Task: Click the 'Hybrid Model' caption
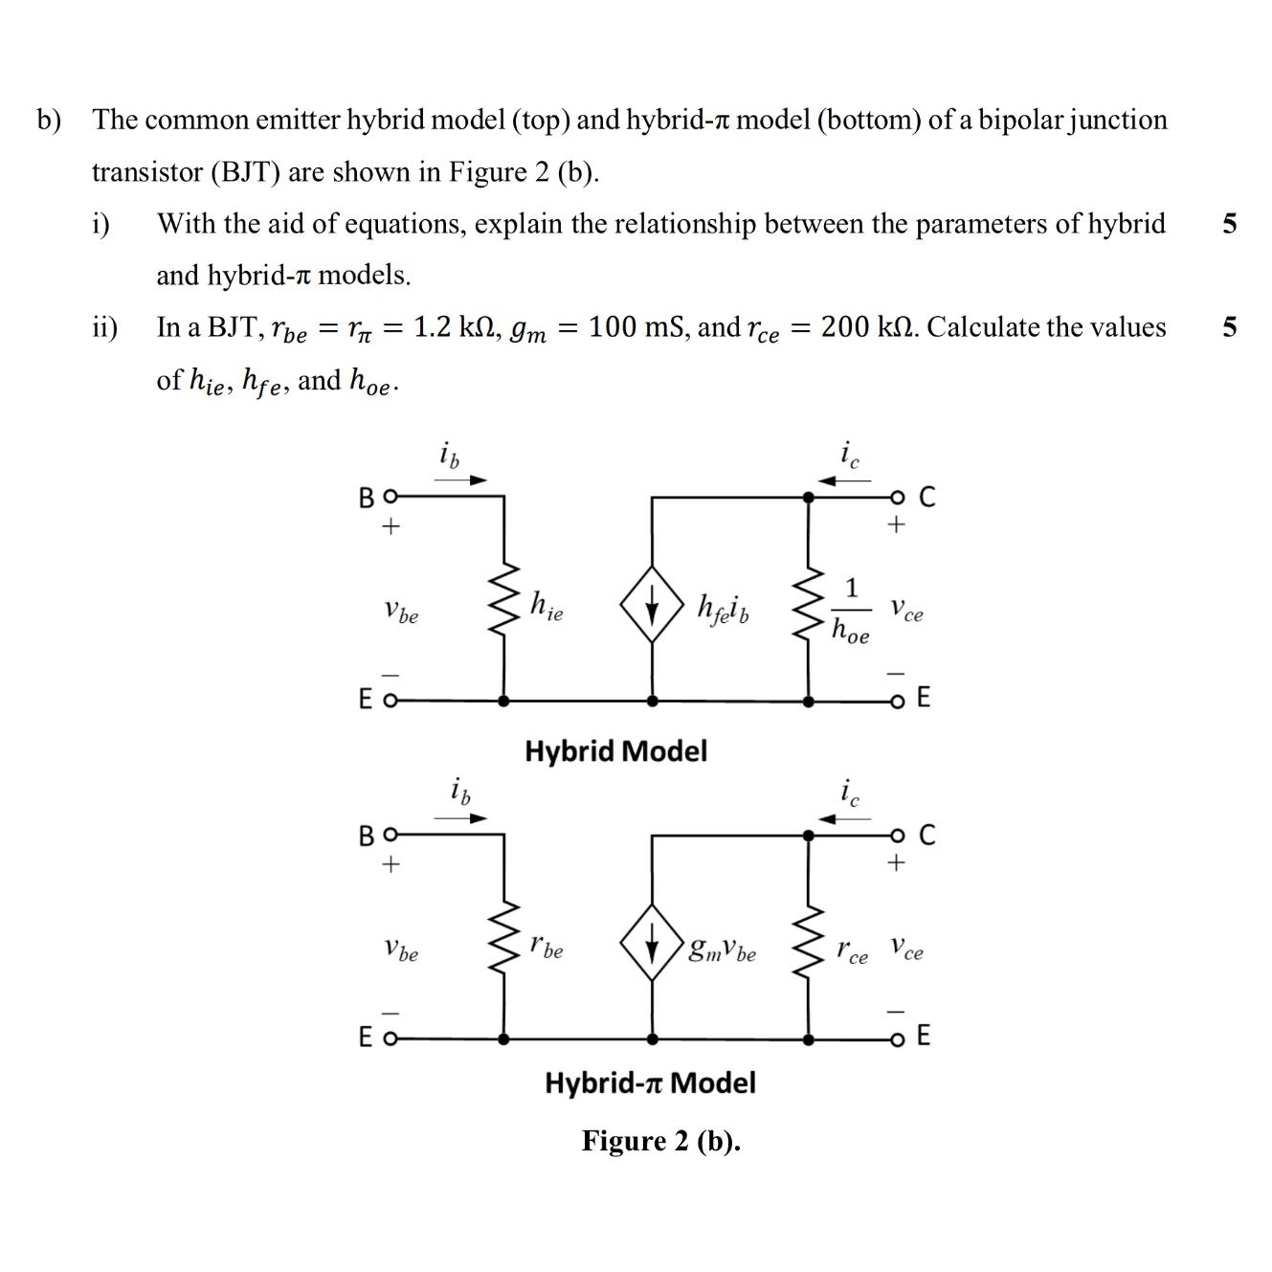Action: [x=615, y=750]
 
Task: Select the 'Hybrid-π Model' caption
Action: [x=650, y=1082]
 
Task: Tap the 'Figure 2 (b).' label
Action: [x=660, y=1141]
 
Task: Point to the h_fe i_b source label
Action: [x=724, y=608]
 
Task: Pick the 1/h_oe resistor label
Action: [x=850, y=610]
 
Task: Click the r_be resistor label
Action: [x=546, y=947]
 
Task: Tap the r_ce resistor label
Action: [x=852, y=951]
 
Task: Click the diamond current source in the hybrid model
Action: [x=652, y=608]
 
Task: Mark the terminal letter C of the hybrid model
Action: [x=926, y=497]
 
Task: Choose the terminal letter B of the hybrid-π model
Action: [x=367, y=836]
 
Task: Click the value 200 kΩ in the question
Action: [x=866, y=327]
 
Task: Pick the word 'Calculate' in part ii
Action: [x=983, y=327]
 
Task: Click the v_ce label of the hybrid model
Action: [x=906, y=610]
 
